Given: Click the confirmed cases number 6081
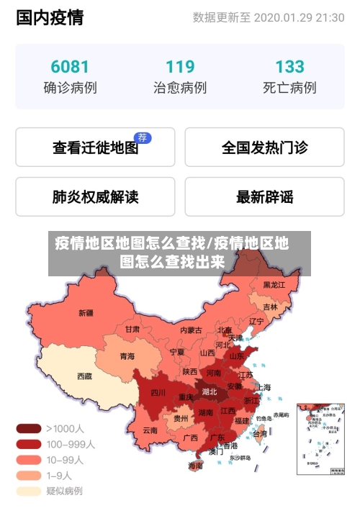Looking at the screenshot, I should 70,67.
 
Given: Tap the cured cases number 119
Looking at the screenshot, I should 180,67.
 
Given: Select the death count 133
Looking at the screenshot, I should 289,67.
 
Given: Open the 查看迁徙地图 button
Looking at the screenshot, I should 95,148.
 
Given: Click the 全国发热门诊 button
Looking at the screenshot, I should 264,148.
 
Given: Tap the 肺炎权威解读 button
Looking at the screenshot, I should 95,196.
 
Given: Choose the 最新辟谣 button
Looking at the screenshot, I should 264,196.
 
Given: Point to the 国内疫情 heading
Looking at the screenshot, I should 50,17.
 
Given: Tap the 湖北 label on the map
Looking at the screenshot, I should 210,392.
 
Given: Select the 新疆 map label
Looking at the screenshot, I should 86,313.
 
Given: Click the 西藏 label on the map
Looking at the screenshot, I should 84,376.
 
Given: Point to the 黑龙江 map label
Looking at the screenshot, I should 274,285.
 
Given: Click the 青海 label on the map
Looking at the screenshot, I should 127,355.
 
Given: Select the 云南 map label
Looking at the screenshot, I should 150,430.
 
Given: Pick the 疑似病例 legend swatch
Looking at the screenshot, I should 28,491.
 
